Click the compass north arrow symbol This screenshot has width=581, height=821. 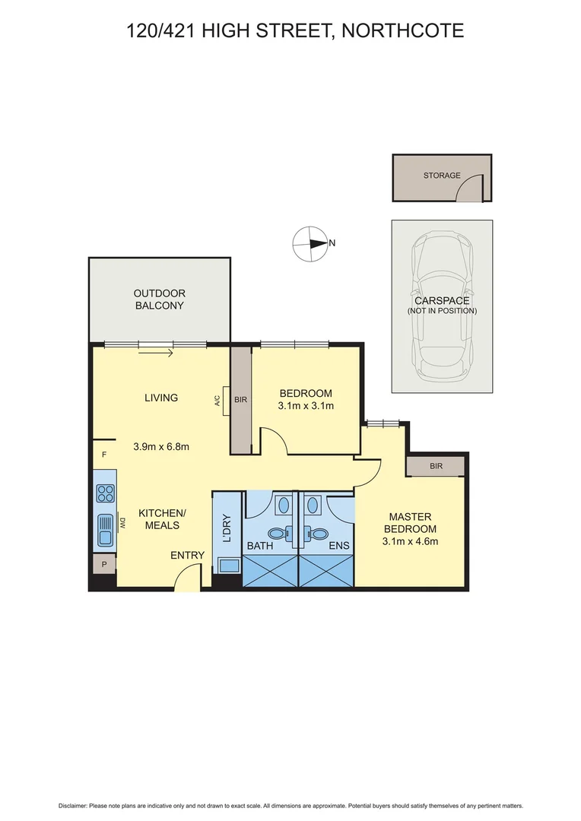pyautogui.click(x=310, y=244)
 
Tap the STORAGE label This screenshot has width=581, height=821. pyautogui.click(x=442, y=175)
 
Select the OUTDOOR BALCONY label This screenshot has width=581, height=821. pyautogui.click(x=159, y=300)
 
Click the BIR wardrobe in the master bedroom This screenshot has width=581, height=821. pyautogui.click(x=436, y=465)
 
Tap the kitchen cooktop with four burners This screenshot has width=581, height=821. pyautogui.click(x=105, y=493)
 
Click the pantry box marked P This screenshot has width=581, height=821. pyautogui.click(x=103, y=564)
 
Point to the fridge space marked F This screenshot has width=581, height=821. pyautogui.click(x=103, y=455)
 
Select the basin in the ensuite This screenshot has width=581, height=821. pyautogui.click(x=313, y=504)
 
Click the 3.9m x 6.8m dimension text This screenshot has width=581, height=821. pyautogui.click(x=160, y=446)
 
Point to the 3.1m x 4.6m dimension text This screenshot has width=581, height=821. pyautogui.click(x=410, y=541)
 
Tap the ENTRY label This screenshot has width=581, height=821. pyautogui.click(x=187, y=556)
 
